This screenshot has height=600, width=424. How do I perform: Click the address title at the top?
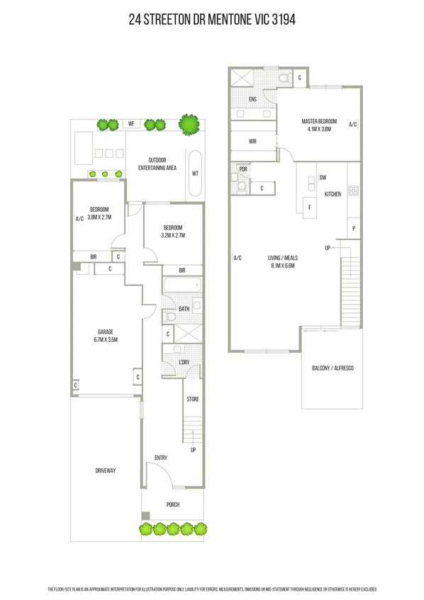click(x=212, y=21)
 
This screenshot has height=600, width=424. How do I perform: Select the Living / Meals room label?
click(x=283, y=261)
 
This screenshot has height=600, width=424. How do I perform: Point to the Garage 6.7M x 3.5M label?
click(x=106, y=336)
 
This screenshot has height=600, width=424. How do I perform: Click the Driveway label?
click(x=106, y=470)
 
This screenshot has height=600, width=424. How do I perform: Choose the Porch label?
click(x=173, y=504)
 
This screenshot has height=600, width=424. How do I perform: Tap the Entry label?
click(x=161, y=458)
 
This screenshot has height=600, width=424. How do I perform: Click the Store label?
click(x=193, y=400)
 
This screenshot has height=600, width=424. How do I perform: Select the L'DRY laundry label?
click(x=184, y=363)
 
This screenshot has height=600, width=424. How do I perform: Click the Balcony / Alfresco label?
click(x=333, y=369)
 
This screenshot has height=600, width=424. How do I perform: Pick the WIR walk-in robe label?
click(x=252, y=142)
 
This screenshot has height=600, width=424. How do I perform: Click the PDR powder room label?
click(x=243, y=169)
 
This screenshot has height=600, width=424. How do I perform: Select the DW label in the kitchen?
click(x=323, y=178)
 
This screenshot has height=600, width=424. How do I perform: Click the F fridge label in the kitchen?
click(x=308, y=208)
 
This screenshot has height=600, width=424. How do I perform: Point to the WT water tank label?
click(x=195, y=173)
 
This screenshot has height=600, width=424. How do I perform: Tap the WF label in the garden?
click(x=130, y=124)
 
